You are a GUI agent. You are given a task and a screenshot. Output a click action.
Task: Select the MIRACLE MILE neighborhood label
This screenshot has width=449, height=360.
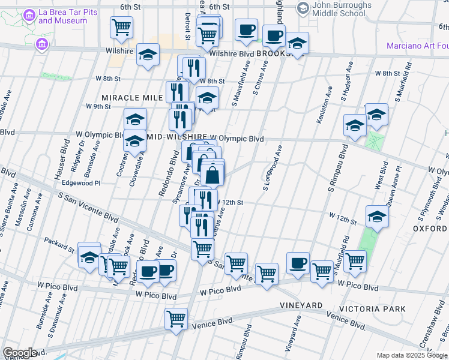click(132, 97)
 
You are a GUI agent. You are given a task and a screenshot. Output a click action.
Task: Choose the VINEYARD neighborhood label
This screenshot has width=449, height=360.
click(301, 306)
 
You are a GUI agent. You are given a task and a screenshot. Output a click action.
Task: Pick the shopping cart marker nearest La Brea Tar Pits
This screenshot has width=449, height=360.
click(121, 27)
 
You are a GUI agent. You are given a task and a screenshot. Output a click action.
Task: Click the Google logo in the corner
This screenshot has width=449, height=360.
click(20, 353)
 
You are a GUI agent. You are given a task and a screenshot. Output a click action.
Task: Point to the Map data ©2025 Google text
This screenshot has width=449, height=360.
click(412, 355)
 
